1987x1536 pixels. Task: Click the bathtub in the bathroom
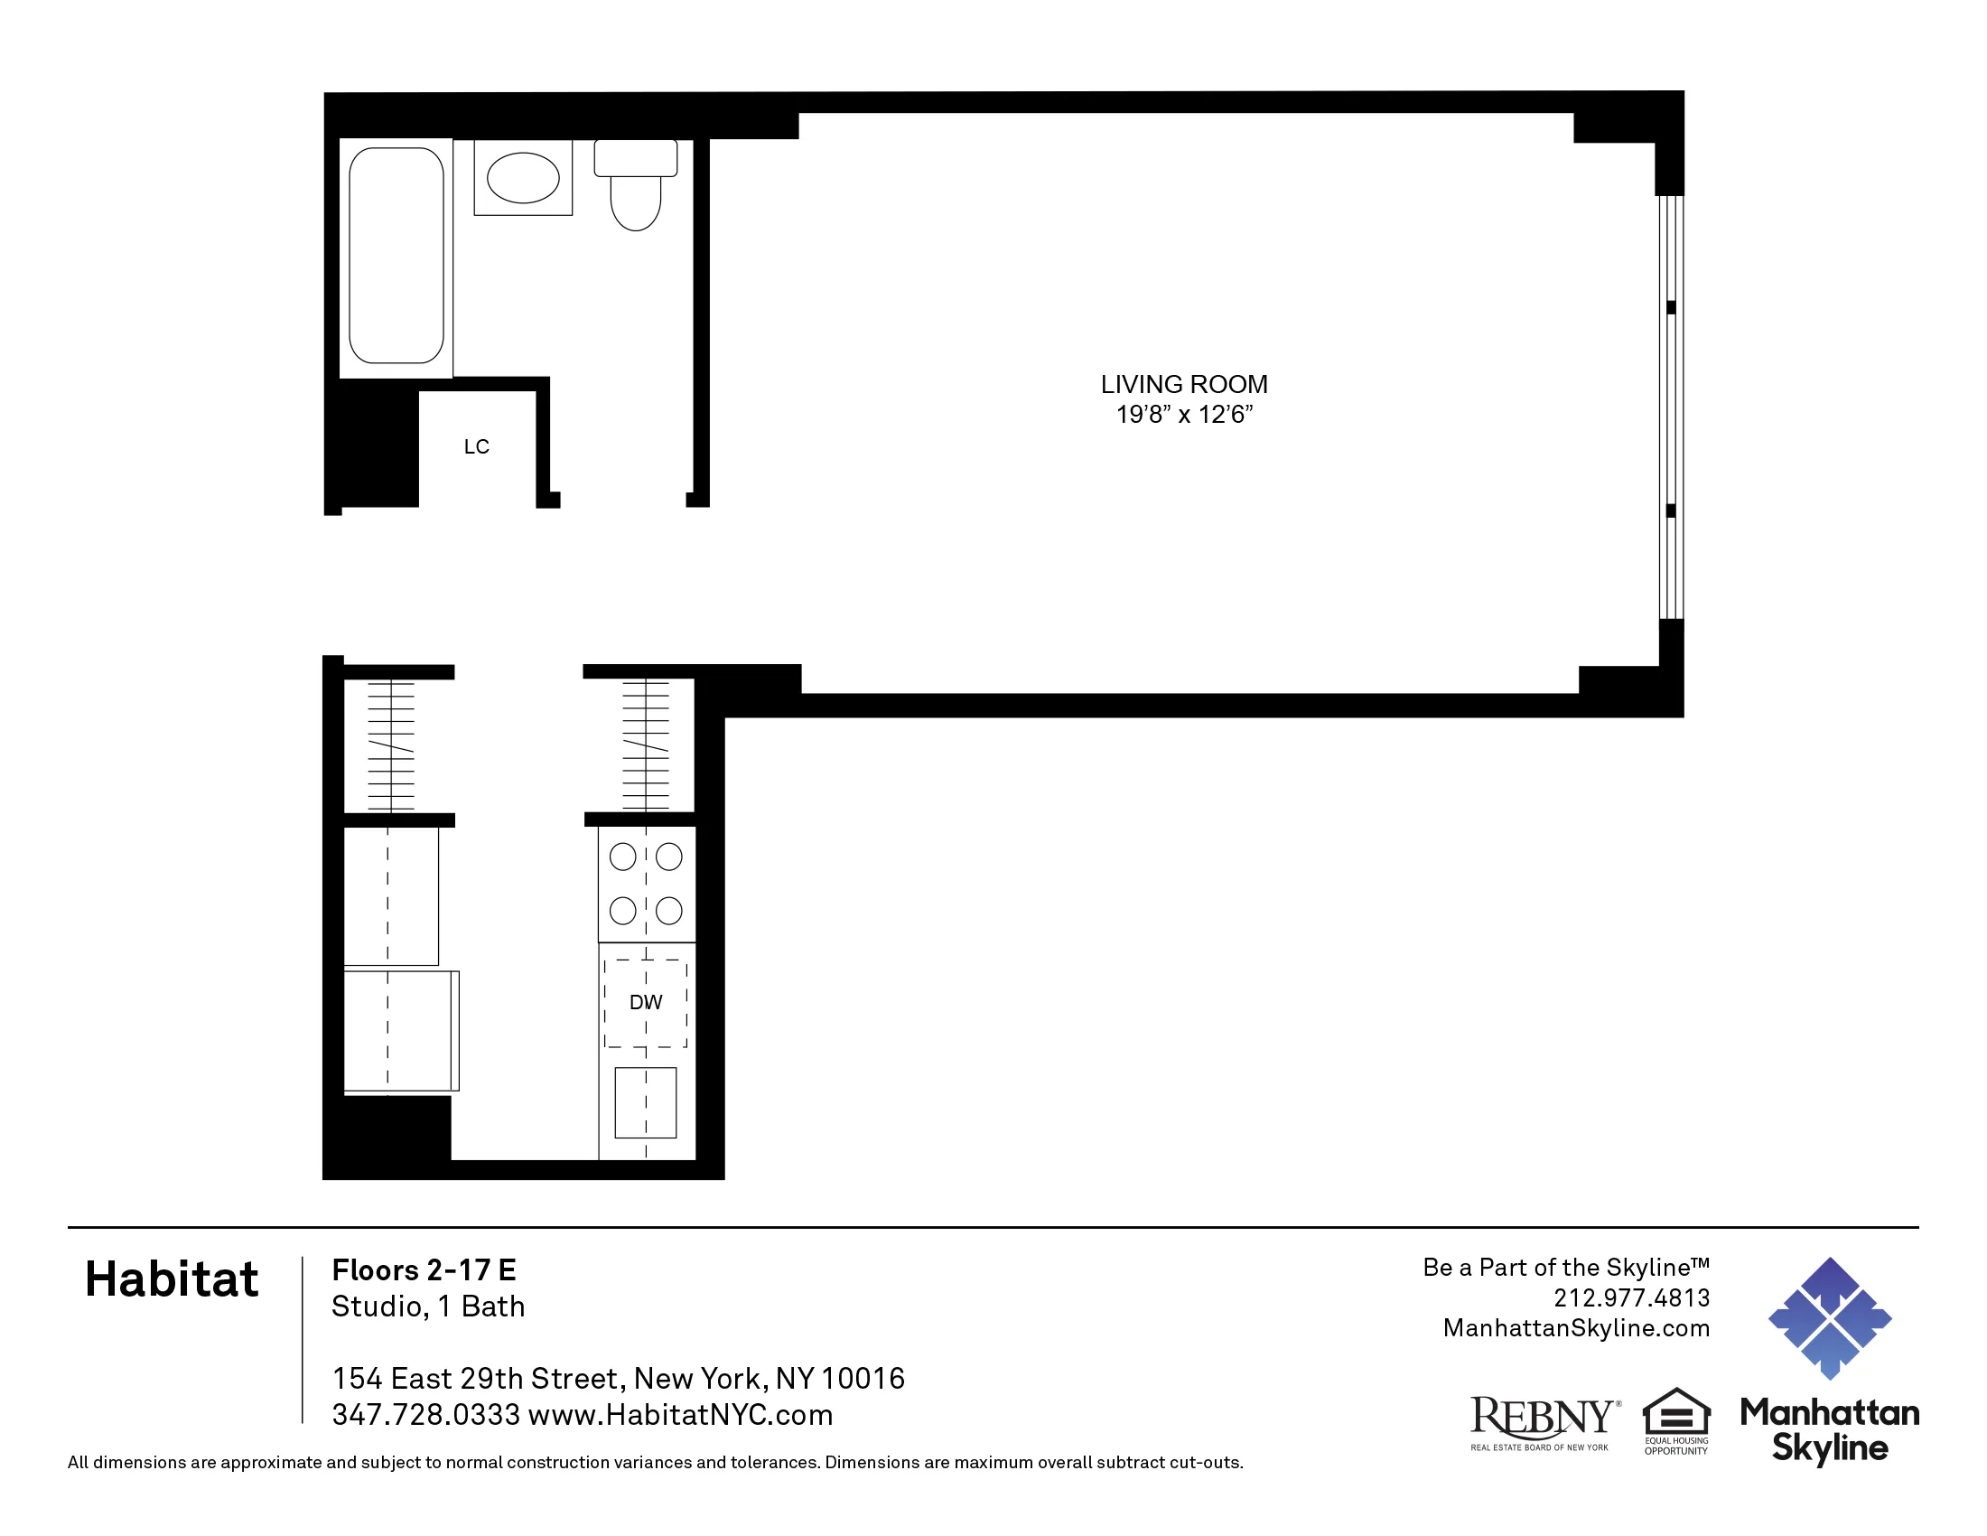click(x=396, y=256)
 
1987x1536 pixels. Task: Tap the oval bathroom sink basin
click(x=523, y=177)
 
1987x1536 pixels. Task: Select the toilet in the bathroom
click(x=636, y=186)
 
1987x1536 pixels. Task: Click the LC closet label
click(x=477, y=446)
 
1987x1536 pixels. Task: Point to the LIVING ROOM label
click(x=1184, y=384)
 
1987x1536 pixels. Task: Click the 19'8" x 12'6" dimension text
click(x=1184, y=415)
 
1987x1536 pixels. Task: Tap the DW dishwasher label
click(x=646, y=1002)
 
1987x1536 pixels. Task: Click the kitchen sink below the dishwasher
click(x=646, y=1102)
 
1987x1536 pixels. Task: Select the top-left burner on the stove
click(x=622, y=857)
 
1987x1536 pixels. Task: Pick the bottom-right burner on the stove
click(x=669, y=910)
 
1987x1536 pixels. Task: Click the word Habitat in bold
click(x=172, y=1279)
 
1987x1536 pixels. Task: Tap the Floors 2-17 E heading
click(x=424, y=1269)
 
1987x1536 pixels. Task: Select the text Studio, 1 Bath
click(x=428, y=1306)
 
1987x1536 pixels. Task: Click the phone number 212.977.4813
click(x=1631, y=1297)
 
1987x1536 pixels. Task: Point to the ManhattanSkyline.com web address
click(x=1576, y=1327)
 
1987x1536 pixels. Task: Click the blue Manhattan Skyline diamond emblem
click(x=1830, y=1318)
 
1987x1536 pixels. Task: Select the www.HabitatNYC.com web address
click(x=680, y=1415)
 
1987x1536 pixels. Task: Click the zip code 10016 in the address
click(x=863, y=1379)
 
